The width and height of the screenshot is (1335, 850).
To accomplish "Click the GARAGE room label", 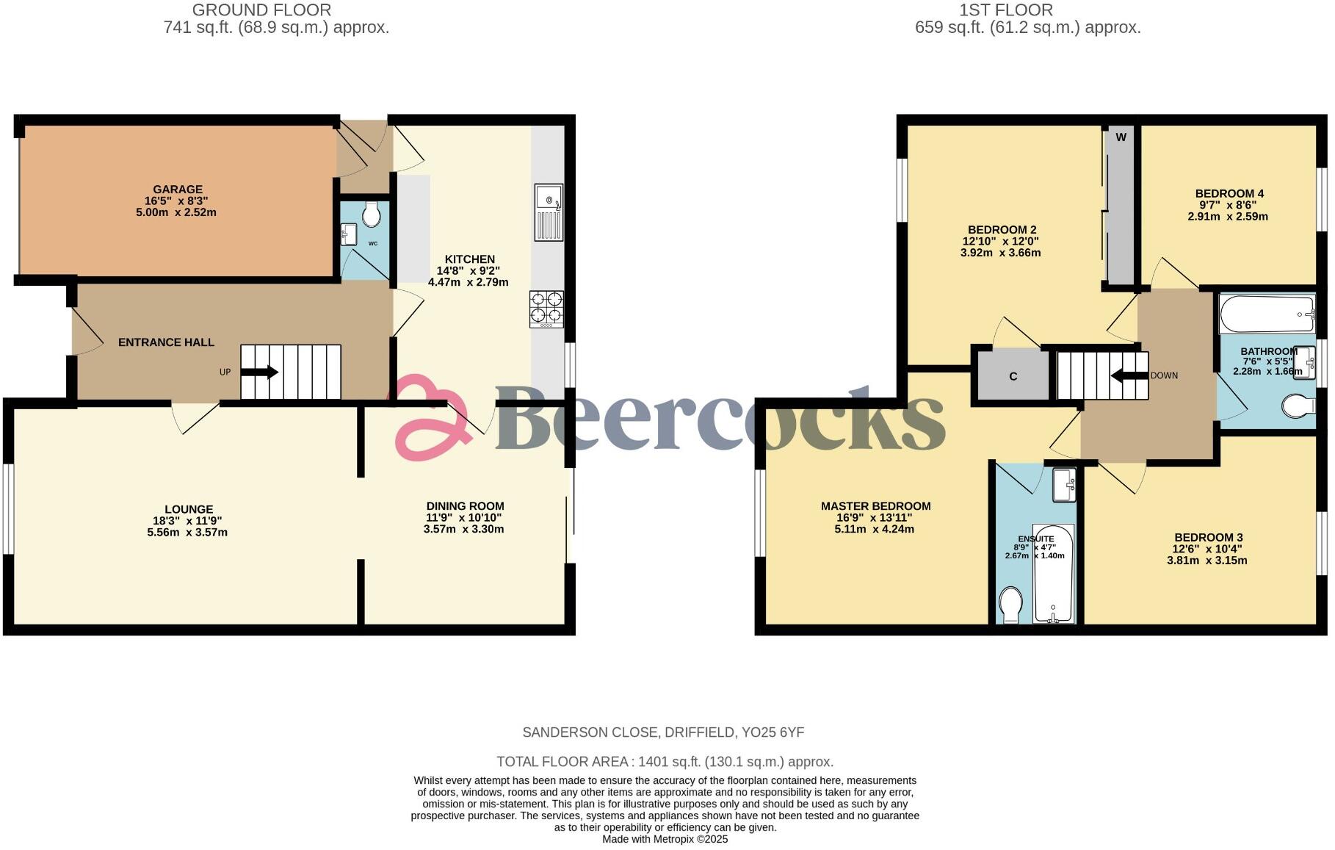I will click(178, 190).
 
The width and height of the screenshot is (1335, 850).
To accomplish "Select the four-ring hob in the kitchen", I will click(547, 309).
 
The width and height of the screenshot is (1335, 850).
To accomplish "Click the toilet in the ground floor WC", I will click(372, 215).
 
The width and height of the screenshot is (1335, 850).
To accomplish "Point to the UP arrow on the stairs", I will click(259, 372).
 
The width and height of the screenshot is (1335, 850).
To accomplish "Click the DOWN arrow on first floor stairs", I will click(1129, 375).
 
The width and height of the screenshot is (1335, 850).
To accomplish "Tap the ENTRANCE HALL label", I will click(166, 342).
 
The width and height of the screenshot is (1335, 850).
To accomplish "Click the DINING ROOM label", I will click(465, 506).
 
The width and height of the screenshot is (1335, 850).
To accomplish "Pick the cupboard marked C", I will click(1013, 376).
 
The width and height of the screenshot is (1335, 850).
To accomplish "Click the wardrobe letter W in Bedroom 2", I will click(1121, 137).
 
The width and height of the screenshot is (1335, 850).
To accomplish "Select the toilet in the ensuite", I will click(1011, 605).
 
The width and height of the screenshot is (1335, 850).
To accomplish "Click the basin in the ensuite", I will click(1064, 485).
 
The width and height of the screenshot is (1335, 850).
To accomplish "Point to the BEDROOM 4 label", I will click(1229, 194).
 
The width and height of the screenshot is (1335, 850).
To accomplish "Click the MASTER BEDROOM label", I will click(875, 506).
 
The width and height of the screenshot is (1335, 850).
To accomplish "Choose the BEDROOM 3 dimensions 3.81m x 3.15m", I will click(1206, 561).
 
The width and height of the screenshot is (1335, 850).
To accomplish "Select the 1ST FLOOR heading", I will click(1005, 10).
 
